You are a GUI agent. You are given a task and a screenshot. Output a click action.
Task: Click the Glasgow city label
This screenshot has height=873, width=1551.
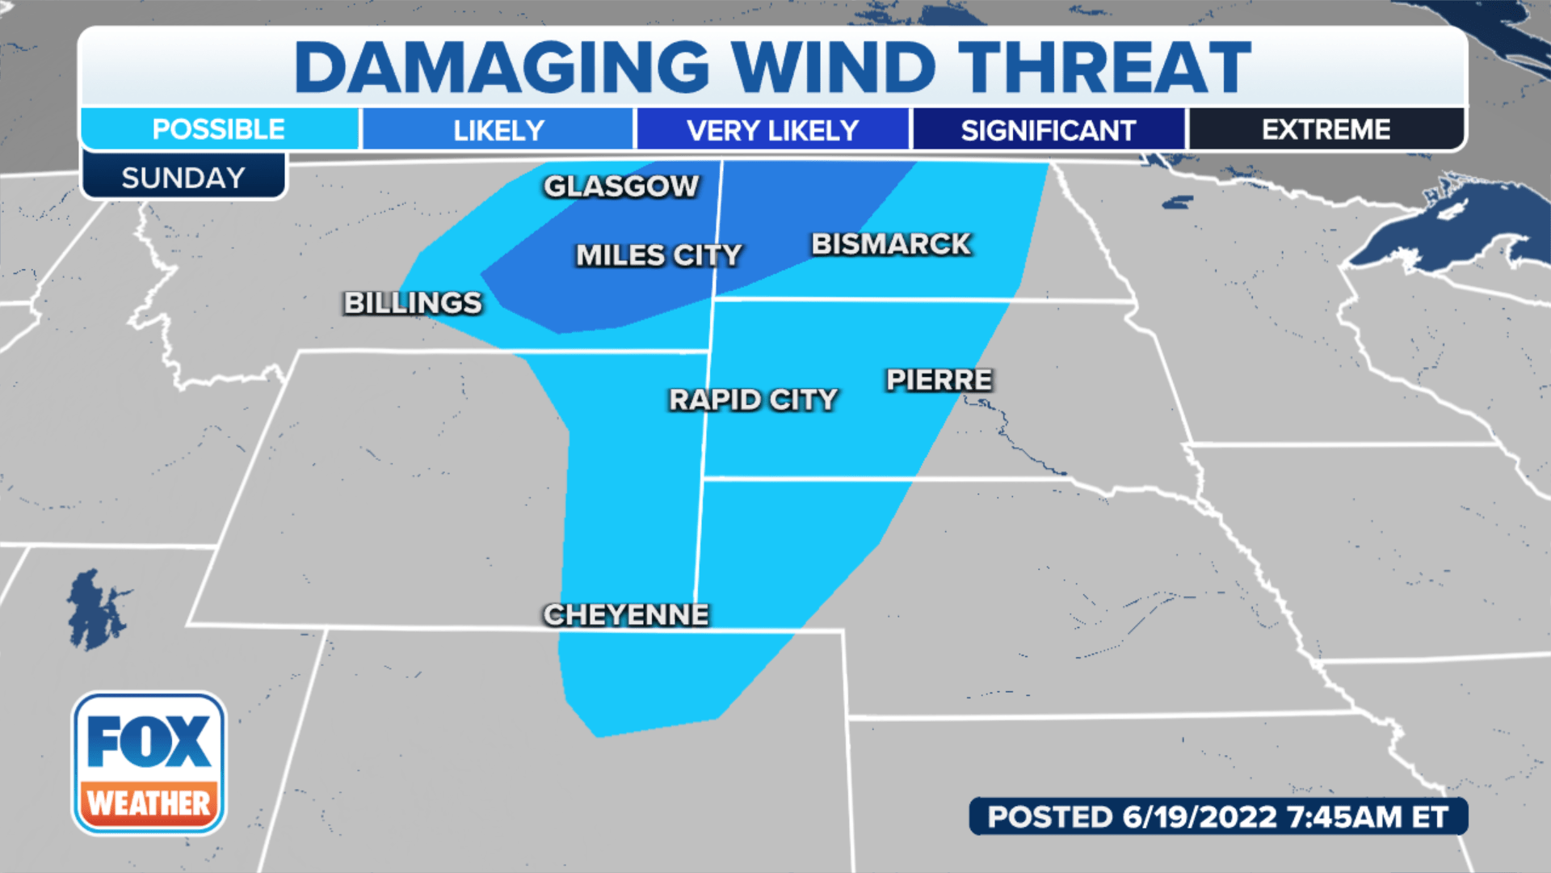620,187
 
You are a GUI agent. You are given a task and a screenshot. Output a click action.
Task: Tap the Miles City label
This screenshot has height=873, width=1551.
658,255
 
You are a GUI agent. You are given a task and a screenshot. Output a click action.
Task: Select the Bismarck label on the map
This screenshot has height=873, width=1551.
890,244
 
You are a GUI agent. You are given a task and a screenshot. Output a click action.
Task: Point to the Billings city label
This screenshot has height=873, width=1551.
413,303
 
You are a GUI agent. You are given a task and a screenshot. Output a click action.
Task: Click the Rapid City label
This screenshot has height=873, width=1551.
753,399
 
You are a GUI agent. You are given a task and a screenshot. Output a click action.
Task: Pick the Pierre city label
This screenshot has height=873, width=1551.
939,380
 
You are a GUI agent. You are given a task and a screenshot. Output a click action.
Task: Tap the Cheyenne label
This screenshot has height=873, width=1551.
626,615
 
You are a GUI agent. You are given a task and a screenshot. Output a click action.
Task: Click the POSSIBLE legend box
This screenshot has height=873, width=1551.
219,129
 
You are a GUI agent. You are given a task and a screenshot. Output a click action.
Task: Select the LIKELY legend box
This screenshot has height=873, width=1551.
498,130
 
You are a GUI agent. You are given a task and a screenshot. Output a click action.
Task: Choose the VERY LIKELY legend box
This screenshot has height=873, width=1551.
772,130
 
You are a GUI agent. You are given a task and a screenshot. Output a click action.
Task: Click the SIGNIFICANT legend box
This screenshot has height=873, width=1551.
1048,130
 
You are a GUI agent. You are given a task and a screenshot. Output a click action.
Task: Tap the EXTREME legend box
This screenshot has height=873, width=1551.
1326,129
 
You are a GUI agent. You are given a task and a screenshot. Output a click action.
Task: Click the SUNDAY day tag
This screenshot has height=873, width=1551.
183,178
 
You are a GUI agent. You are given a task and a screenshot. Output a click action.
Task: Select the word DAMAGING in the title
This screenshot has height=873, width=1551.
502,68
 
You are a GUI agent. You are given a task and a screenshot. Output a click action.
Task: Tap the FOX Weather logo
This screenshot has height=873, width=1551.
149,763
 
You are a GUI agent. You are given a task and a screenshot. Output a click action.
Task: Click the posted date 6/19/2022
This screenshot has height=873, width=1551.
1199,817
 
